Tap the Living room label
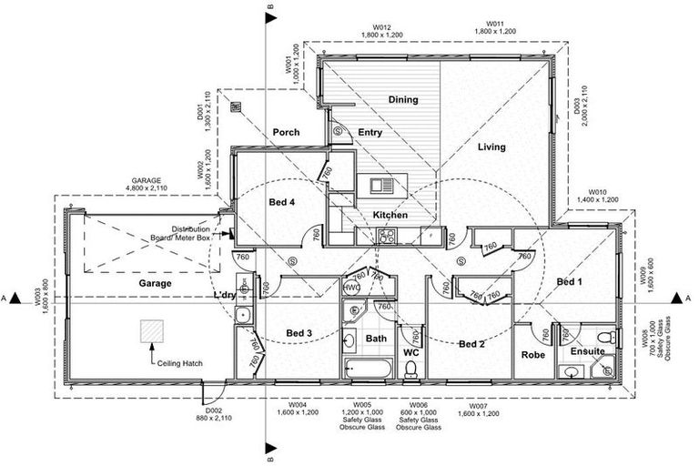491,147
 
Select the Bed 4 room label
282,201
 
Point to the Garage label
156,283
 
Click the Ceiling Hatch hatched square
150,332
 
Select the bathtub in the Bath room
368,369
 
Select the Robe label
533,354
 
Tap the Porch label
286,133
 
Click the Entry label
370,132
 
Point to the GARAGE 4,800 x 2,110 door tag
146,186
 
